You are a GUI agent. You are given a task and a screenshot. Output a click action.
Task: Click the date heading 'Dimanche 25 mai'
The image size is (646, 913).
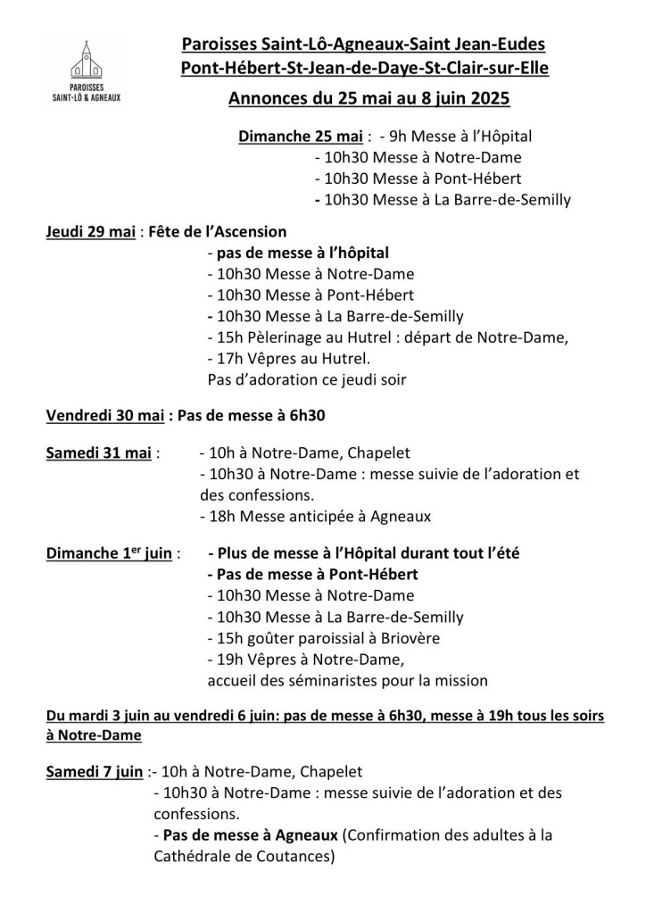[x=301, y=137]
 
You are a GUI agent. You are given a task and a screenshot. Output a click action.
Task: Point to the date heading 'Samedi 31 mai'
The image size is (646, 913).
[x=96, y=452]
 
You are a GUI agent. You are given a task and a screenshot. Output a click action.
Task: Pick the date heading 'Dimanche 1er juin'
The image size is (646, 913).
[x=108, y=553]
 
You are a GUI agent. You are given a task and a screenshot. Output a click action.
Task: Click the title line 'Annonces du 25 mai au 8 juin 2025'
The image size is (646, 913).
[x=369, y=98]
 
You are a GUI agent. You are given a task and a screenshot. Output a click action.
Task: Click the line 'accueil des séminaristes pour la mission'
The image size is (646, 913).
[x=347, y=681]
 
